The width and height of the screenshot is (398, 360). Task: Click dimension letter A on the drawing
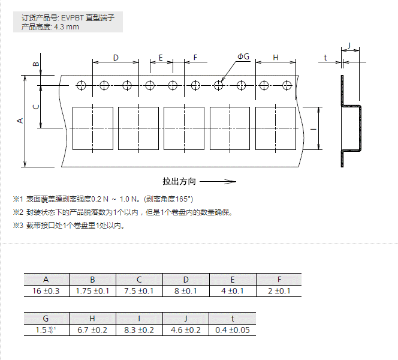[x=20, y=121]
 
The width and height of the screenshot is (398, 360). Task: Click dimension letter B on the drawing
[x=35, y=64]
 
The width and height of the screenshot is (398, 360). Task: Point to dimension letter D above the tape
[x=116, y=58]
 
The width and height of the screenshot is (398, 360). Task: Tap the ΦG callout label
[x=243, y=56]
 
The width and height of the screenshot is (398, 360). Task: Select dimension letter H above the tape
[x=276, y=58]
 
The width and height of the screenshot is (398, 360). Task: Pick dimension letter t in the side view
[x=325, y=58]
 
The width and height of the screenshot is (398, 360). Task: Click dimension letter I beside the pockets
[x=313, y=128]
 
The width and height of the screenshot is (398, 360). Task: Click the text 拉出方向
[x=179, y=181]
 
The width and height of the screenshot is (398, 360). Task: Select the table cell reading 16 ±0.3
[x=46, y=291]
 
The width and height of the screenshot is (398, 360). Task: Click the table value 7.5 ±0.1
[x=139, y=291]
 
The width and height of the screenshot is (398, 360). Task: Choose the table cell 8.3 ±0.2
[x=139, y=330]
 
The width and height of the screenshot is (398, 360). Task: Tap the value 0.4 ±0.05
[x=233, y=330]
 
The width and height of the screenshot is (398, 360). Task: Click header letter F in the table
[x=279, y=280]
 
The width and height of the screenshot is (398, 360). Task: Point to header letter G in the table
[x=46, y=319]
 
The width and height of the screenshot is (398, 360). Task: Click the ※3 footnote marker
[x=17, y=226]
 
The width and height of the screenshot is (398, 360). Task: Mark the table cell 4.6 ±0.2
[x=186, y=330]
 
